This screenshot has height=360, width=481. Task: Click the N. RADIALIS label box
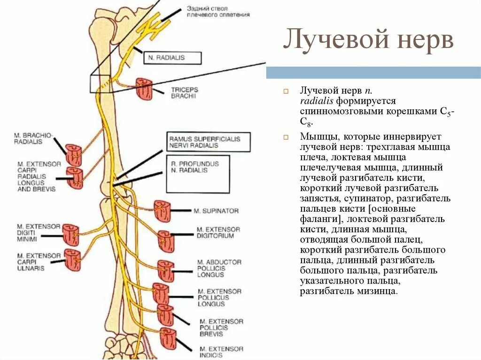pyautogui.click(x=173, y=58)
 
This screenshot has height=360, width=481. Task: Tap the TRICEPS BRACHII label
pyautogui.click(x=184, y=92)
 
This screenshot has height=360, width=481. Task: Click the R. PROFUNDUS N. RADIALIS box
pyautogui.click(x=198, y=173)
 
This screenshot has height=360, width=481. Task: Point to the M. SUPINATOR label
pyautogui.click(x=216, y=211)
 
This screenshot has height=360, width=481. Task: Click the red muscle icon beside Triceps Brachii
pyautogui.click(x=144, y=88)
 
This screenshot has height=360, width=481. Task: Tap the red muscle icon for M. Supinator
pyautogui.click(x=163, y=211)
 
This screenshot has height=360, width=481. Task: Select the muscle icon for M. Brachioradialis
pyautogui.click(x=73, y=155)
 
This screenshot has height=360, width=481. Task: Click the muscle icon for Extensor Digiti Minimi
pyautogui.click(x=71, y=234)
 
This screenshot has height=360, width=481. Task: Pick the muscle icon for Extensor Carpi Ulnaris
pyautogui.click(x=72, y=260)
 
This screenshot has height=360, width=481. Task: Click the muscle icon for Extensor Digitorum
pyautogui.click(x=166, y=241)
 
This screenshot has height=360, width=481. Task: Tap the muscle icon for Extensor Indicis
pyautogui.click(x=168, y=339)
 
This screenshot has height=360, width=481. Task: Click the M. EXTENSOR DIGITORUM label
pyautogui.click(x=218, y=232)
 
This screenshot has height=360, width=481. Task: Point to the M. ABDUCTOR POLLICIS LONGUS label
pyautogui.click(x=219, y=268)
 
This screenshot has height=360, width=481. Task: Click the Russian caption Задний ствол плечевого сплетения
pyautogui.click(x=217, y=12)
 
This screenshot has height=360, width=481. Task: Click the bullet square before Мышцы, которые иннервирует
pyautogui.click(x=286, y=137)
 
